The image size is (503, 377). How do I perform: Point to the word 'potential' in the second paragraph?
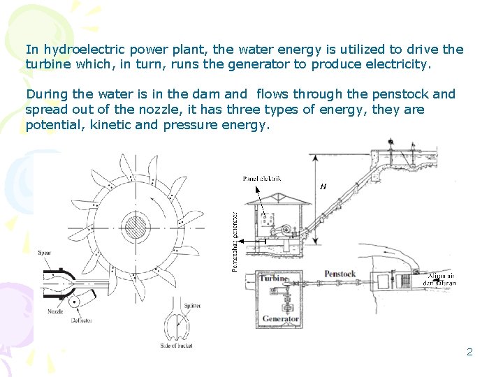(51, 125)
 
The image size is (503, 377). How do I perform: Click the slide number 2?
(469, 352)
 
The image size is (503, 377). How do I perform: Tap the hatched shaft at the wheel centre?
(134, 227)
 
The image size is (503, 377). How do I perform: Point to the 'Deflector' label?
(81, 320)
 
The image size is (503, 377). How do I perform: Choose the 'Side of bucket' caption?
(176, 346)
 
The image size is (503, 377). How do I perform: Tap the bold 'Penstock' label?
(340, 274)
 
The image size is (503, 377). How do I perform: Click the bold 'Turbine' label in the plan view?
(273, 278)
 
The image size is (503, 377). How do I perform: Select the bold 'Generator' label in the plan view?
(280, 319)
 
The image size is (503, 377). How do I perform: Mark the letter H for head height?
(323, 186)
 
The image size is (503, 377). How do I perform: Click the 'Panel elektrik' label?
(262, 179)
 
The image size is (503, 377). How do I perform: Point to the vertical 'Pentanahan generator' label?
(235, 242)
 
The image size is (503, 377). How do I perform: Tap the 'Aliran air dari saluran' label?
(442, 279)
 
